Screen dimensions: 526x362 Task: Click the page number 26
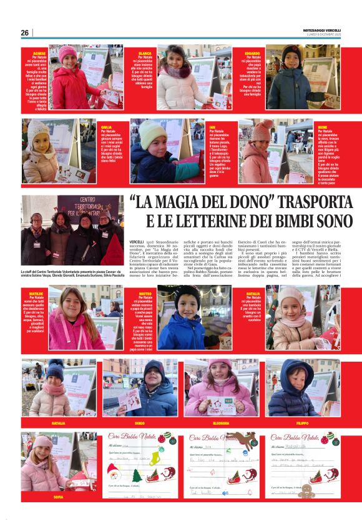[24, 32]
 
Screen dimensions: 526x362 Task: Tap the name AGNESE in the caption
[39, 53]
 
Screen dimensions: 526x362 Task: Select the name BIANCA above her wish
[145, 53]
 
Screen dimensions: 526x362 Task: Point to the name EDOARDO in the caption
[253, 53]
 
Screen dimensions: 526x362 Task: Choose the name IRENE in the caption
[323, 127]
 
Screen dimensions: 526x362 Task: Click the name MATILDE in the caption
[36, 293]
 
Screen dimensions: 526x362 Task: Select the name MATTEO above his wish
[145, 293]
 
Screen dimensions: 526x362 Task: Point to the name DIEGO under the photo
[140, 423]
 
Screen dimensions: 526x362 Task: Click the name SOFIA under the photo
[59, 497]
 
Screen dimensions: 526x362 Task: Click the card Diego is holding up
[129, 399]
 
